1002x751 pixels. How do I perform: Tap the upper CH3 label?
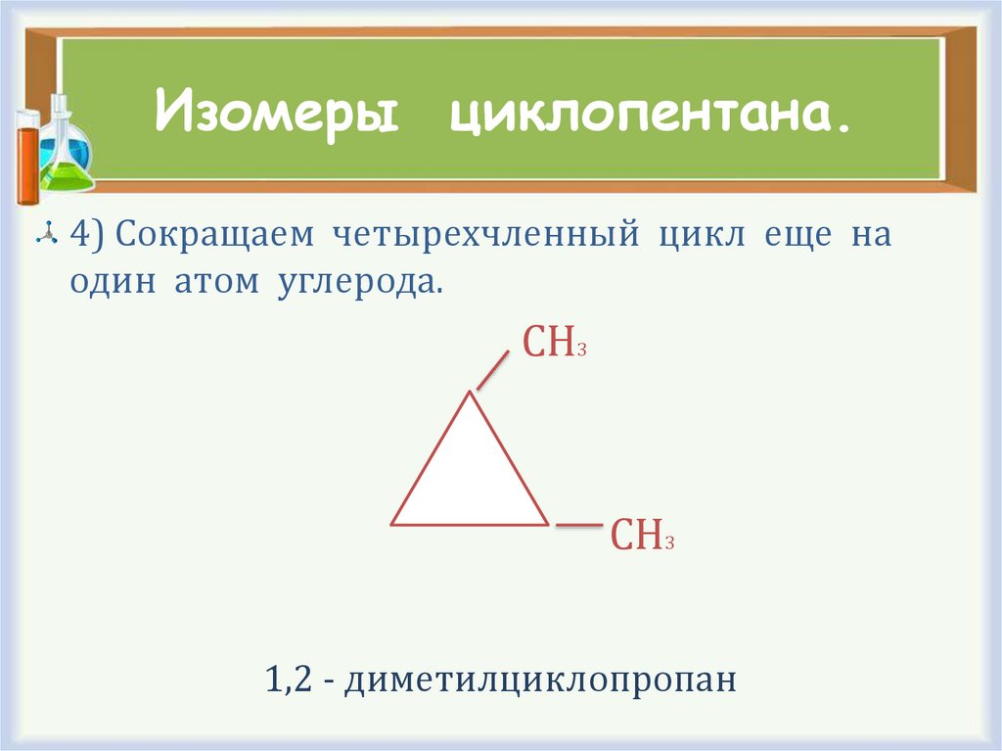tap(554, 344)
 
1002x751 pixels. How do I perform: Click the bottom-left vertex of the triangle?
tap(392, 524)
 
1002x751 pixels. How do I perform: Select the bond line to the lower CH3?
tap(578, 526)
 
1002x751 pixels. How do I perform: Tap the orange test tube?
tap(27, 157)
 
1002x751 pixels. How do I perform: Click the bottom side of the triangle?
tap(470, 525)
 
